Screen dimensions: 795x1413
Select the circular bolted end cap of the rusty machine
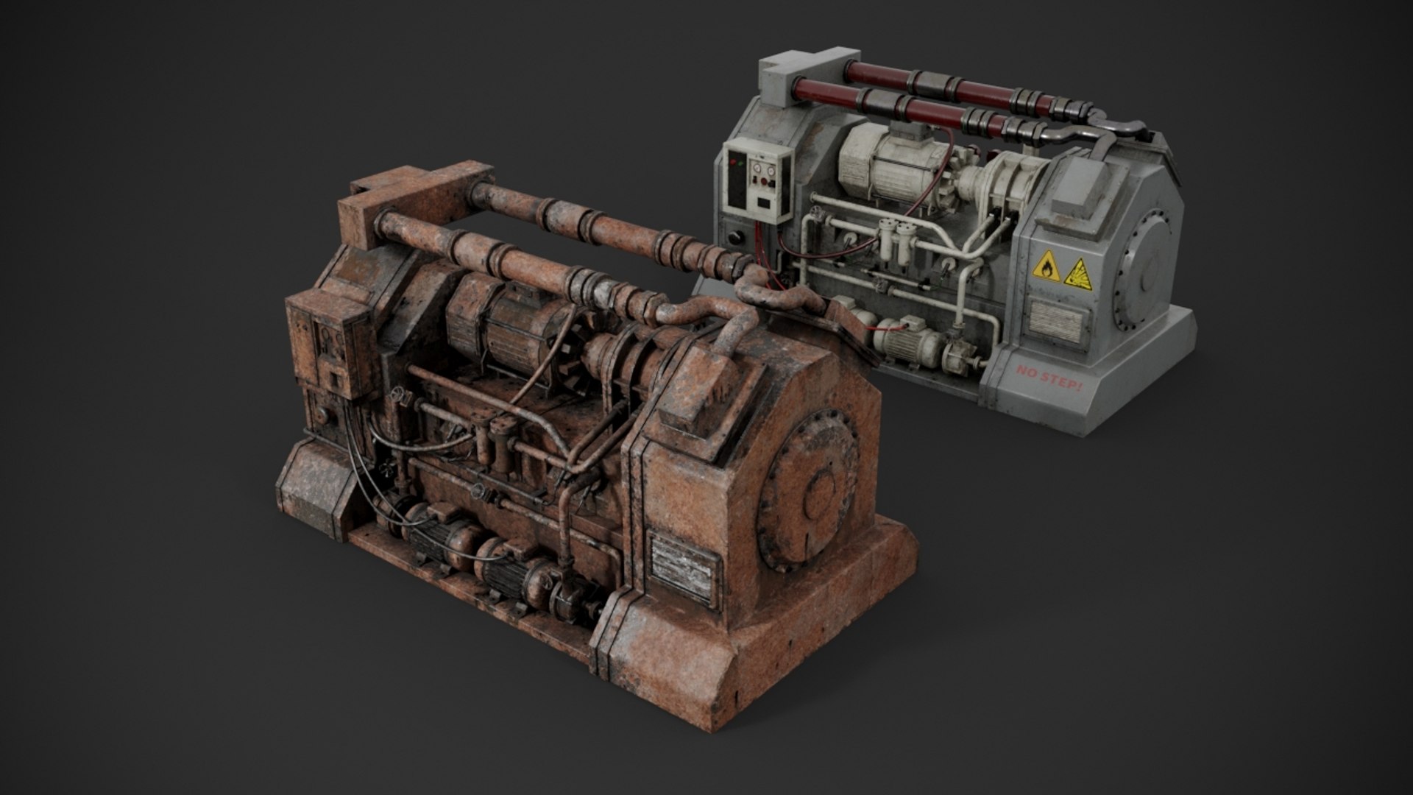[x=810, y=494]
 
